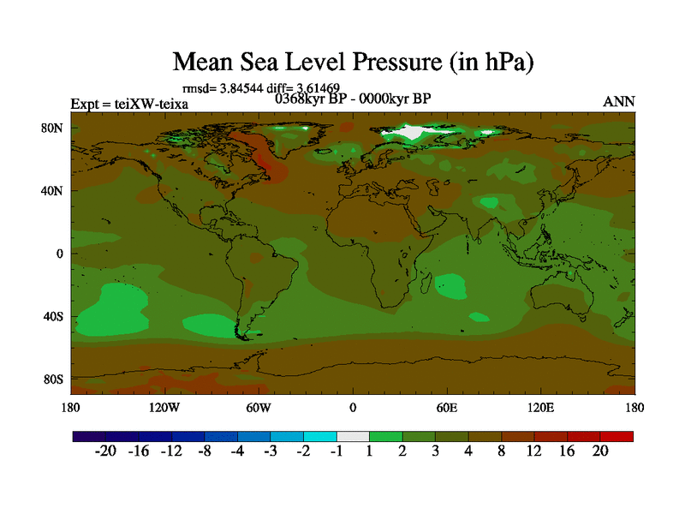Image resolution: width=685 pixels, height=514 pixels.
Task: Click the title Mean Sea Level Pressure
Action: tap(353, 62)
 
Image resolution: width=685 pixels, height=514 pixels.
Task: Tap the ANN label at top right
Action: tap(619, 102)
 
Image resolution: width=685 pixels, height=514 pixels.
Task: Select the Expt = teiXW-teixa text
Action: tap(129, 105)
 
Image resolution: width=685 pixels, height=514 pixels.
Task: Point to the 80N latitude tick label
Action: tap(54, 128)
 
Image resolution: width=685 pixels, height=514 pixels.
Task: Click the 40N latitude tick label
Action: tap(54, 190)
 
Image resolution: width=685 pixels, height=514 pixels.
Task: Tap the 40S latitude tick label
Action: tap(54, 316)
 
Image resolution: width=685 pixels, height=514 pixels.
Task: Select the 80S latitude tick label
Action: tap(54, 379)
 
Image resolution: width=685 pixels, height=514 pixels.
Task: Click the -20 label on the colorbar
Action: tap(104, 451)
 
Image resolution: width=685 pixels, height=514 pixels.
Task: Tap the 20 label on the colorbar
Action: tap(599, 451)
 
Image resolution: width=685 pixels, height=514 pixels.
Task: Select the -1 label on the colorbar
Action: tap(336, 451)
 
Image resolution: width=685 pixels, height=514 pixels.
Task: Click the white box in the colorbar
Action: tap(353, 436)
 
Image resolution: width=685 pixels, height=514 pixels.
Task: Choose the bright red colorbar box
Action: tap(616, 436)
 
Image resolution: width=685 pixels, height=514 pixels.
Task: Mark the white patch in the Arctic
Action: tap(416, 133)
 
